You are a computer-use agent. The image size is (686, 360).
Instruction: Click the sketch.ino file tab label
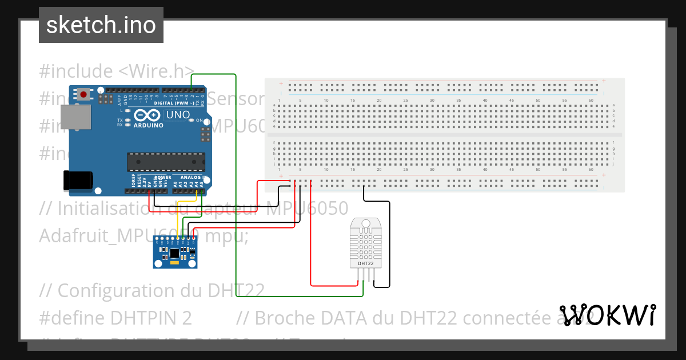click(x=101, y=25)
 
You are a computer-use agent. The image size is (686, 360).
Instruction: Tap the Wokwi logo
click(x=607, y=315)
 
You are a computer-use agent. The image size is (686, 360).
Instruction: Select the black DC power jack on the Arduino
click(x=78, y=180)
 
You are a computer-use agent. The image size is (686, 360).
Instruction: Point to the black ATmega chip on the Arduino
click(x=165, y=162)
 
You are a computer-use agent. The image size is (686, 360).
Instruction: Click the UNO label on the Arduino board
click(x=177, y=115)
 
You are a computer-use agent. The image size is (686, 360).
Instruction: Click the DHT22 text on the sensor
click(x=366, y=264)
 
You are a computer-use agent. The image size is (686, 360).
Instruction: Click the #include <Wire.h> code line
click(x=117, y=71)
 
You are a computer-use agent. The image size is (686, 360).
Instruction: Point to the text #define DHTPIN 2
click(x=115, y=318)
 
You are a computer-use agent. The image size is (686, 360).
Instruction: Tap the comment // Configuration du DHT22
click(x=151, y=290)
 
